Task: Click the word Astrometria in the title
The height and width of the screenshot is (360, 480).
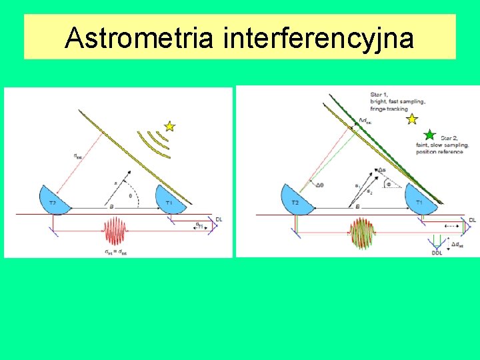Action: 139,38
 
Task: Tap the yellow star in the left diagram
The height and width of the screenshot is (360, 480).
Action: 169,125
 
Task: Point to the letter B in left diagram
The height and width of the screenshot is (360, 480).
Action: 111,207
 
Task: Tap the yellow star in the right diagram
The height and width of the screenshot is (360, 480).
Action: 412,119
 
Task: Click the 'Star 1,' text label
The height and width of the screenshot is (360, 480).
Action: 380,95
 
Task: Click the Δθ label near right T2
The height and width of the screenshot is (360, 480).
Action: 320,185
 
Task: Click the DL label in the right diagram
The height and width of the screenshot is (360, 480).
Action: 472,220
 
